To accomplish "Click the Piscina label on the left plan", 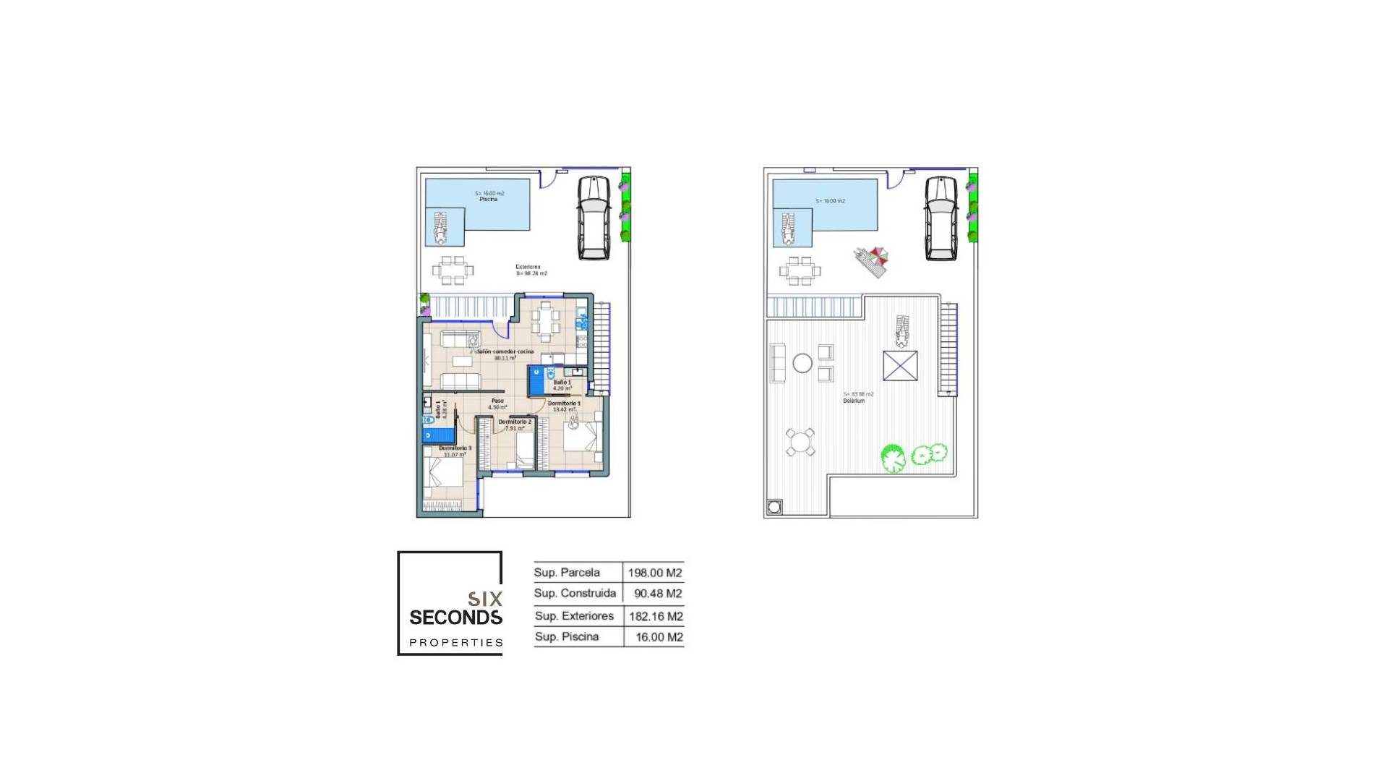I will pyautogui.click(x=489, y=200).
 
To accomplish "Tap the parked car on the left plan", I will pyautogui.click(x=594, y=217).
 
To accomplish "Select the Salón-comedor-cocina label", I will pyautogui.click(x=505, y=352).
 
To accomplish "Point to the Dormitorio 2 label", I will pyautogui.click(x=515, y=422).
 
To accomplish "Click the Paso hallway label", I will pyautogui.click(x=497, y=401).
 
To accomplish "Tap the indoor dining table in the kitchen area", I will pyautogui.click(x=546, y=320).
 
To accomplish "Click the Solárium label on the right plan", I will pyautogui.click(x=854, y=401).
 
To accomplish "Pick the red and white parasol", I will pyautogui.click(x=878, y=255).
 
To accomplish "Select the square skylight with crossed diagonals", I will pyautogui.click(x=900, y=366).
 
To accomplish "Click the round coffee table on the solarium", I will pyautogui.click(x=802, y=363).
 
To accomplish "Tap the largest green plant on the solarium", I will pyautogui.click(x=894, y=458).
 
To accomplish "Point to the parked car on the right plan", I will pyautogui.click(x=941, y=217).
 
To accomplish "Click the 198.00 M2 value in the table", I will pyautogui.click(x=655, y=573).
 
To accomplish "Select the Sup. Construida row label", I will pyautogui.click(x=575, y=593).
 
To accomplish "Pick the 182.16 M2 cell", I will pyautogui.click(x=656, y=617).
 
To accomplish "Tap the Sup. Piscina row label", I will pyautogui.click(x=567, y=636).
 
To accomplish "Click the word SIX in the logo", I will pyautogui.click(x=485, y=599).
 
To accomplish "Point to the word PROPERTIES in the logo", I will pyautogui.click(x=456, y=642).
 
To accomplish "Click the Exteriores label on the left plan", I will pyautogui.click(x=528, y=267).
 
